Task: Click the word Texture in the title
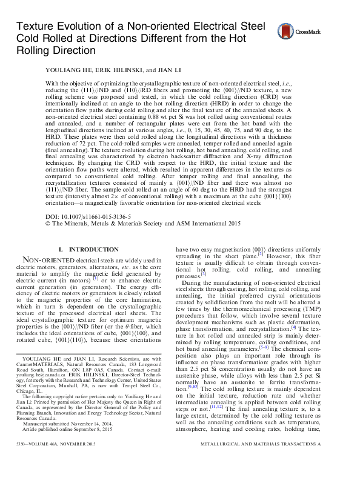(34, 27)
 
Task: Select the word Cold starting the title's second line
(27, 39)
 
